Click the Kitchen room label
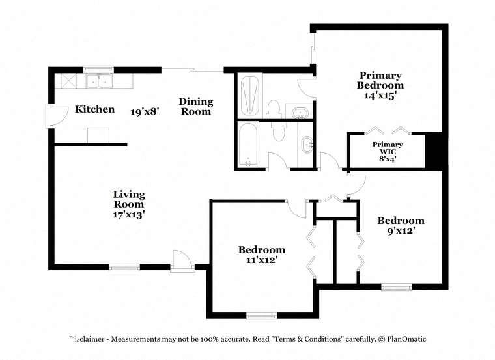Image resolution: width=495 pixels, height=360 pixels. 94,109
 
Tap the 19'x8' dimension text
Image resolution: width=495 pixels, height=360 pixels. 145,111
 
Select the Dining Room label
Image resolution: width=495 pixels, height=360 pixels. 196,106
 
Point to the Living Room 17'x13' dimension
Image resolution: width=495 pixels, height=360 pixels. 129,214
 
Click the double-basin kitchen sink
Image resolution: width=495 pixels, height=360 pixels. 99,81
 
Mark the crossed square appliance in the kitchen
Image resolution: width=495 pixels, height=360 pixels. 69,81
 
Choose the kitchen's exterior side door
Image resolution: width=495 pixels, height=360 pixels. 57,116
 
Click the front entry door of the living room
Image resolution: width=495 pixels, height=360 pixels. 182,261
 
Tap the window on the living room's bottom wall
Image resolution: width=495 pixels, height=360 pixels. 124,268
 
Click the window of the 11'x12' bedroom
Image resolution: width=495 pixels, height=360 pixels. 261,316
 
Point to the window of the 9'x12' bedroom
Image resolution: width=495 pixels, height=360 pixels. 396,287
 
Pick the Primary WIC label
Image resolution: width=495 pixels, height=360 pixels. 388,148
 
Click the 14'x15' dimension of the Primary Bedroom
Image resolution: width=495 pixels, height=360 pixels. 380,96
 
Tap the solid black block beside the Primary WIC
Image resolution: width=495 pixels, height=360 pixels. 434,151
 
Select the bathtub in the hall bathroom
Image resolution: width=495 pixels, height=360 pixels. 248,144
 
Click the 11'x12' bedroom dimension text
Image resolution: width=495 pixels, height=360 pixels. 262,260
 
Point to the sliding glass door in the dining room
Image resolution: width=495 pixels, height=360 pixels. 192,70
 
